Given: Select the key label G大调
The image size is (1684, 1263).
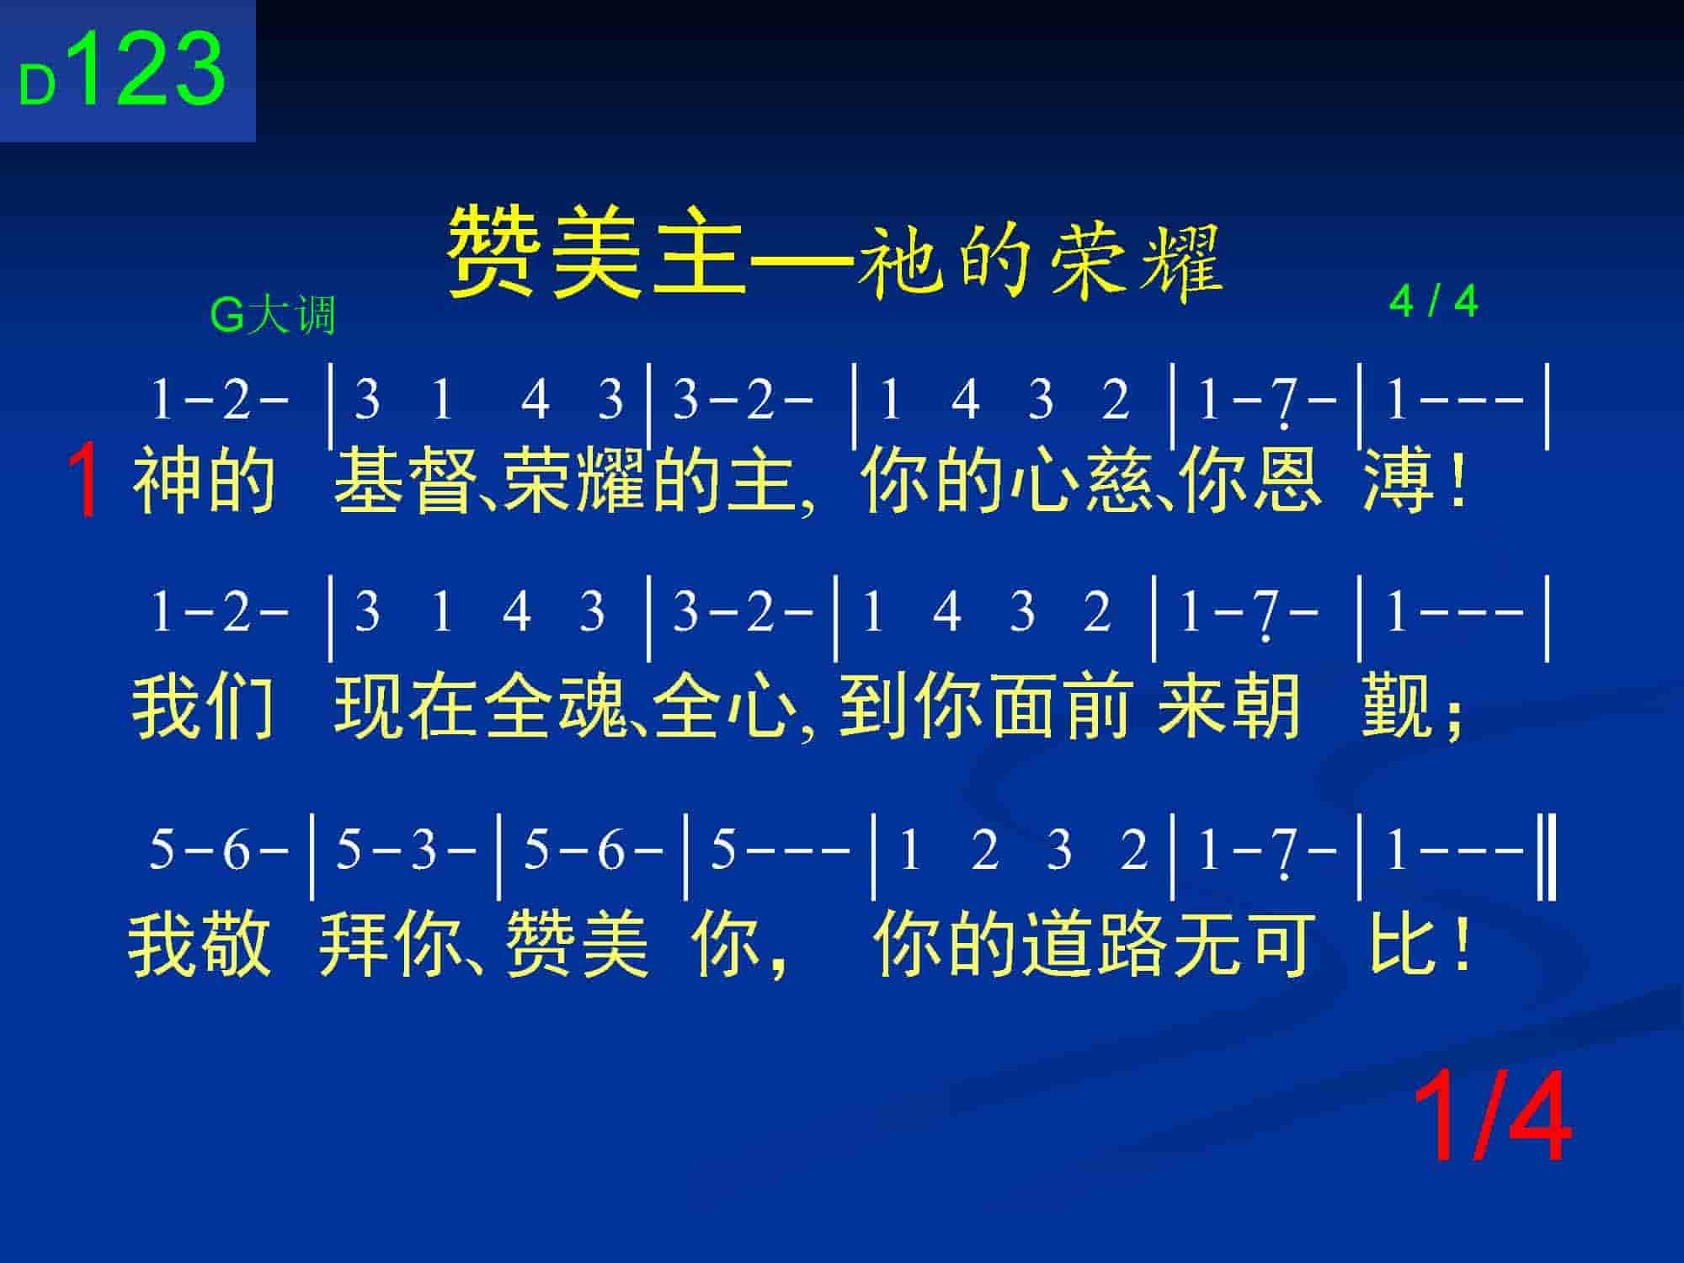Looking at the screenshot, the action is click(272, 316).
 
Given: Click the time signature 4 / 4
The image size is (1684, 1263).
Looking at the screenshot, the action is click(1433, 301).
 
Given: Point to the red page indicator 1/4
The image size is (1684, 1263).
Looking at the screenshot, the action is click(1491, 1117).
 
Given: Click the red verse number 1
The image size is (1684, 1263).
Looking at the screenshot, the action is click(86, 482).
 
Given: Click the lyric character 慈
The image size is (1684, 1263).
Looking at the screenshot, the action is click(1120, 481).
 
